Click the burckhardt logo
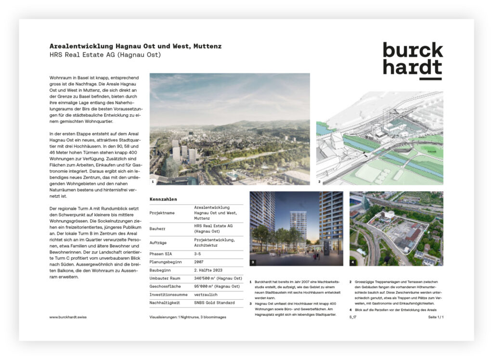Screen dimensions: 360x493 413,60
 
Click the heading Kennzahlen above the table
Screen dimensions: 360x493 163,199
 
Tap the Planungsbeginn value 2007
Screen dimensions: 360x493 199,262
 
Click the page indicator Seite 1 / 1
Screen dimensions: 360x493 435,317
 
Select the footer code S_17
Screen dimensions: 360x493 353,317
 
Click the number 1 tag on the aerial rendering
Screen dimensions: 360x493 153,182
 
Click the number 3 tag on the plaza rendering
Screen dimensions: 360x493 253,263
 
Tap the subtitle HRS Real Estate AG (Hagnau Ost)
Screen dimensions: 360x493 105,55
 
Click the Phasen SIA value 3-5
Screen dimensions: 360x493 197,253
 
